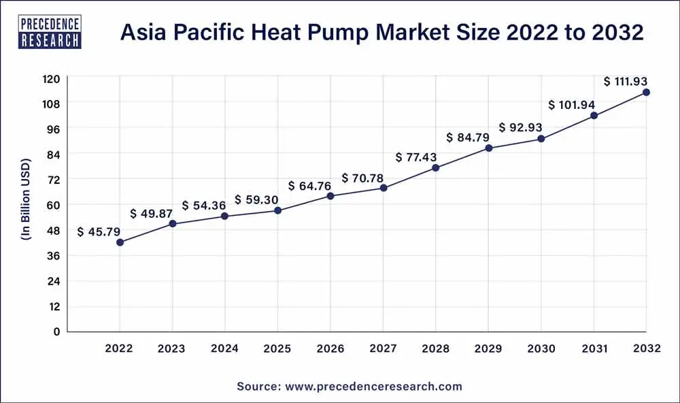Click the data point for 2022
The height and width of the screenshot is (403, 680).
point(120,242)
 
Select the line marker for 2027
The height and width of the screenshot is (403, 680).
point(384,188)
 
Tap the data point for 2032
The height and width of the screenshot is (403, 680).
point(646,92)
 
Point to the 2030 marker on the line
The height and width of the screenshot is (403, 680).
point(541,139)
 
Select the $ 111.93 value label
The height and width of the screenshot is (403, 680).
point(626,82)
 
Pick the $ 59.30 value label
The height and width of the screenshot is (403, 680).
point(257,200)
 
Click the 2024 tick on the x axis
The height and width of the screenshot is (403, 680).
point(225,349)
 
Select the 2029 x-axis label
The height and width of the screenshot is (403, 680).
point(488,349)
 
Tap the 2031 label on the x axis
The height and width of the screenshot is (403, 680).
point(594,349)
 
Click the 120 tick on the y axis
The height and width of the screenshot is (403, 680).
point(53,78)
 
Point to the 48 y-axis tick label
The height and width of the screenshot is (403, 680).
point(53,230)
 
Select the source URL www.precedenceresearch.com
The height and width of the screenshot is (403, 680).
point(372,386)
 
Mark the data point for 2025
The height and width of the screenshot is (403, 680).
point(278,210)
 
